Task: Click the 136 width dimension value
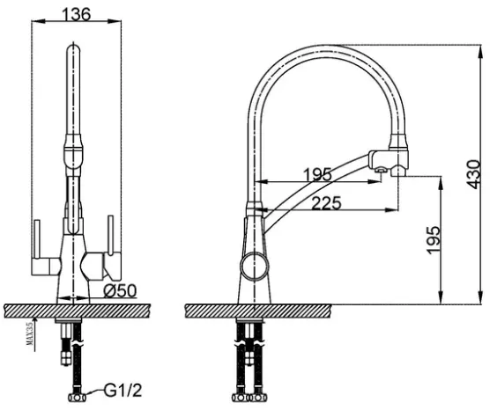(77, 14)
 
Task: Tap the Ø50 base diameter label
(120, 290)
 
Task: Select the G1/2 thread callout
(122, 391)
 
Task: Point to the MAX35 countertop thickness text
(30, 337)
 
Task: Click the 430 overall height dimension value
(474, 175)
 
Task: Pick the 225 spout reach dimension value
(326, 203)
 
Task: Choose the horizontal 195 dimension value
(317, 174)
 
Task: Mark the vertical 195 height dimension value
(434, 240)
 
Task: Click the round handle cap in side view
(255, 266)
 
